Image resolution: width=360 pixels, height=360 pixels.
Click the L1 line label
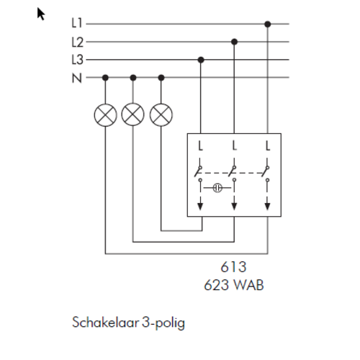click(77, 23)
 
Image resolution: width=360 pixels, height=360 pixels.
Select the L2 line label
click(77, 42)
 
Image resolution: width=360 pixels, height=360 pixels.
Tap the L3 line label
click(77, 60)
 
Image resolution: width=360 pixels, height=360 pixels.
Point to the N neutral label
click(77, 78)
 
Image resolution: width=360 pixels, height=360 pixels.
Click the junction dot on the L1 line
click(268, 24)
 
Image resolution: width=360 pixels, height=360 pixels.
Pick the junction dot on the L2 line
click(234, 42)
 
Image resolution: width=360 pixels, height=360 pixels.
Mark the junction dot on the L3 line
click(201, 60)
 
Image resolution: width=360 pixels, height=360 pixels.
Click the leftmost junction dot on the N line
click(105, 78)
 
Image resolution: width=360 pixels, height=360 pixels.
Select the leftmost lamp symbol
click(105, 115)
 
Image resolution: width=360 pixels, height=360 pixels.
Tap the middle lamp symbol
click(132, 114)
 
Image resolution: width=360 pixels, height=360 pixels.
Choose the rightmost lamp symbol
click(161, 115)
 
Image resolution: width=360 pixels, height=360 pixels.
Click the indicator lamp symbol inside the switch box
click(217, 188)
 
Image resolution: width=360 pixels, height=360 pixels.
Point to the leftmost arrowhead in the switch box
click(200, 206)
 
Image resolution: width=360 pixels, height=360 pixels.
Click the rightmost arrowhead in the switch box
click(267, 206)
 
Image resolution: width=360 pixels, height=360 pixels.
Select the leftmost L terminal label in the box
click(200, 146)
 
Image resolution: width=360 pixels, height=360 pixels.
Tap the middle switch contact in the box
click(233, 171)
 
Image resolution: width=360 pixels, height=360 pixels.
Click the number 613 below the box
click(233, 267)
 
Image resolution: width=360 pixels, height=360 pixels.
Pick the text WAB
click(248, 285)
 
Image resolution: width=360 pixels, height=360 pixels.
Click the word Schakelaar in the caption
click(106, 322)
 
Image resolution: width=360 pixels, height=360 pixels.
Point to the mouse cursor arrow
click(40, 14)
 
